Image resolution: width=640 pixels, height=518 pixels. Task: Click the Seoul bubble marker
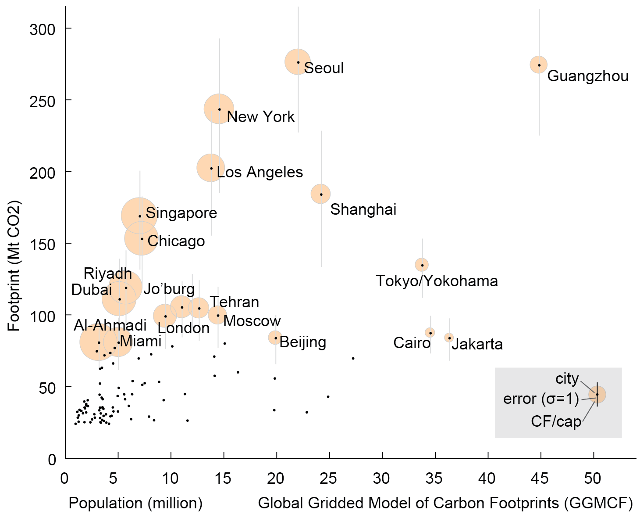click(x=298, y=62)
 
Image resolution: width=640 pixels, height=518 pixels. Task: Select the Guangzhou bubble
click(x=539, y=65)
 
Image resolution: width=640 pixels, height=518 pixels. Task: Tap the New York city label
click(x=261, y=117)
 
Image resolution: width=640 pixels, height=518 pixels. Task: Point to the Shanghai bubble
click(x=321, y=194)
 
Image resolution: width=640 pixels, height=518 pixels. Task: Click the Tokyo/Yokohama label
click(x=437, y=281)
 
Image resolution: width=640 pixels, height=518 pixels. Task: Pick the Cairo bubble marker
click(x=430, y=332)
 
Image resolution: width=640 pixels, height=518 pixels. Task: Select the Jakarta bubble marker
click(x=449, y=338)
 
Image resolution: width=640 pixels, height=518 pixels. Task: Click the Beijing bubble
click(x=275, y=338)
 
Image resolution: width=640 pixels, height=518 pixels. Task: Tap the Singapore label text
click(x=181, y=213)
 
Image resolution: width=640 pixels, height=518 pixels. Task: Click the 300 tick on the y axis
click(x=43, y=30)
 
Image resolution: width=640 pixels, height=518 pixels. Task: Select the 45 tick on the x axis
click(x=540, y=478)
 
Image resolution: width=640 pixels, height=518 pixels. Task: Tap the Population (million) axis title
click(x=135, y=503)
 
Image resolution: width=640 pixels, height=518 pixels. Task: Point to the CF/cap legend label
click(x=556, y=421)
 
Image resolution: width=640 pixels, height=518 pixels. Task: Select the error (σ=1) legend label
click(x=541, y=399)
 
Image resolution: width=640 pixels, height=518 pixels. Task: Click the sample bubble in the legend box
click(x=597, y=394)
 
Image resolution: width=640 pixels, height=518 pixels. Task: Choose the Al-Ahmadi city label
click(x=110, y=325)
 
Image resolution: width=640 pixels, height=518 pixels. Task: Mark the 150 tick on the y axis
click(x=43, y=245)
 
